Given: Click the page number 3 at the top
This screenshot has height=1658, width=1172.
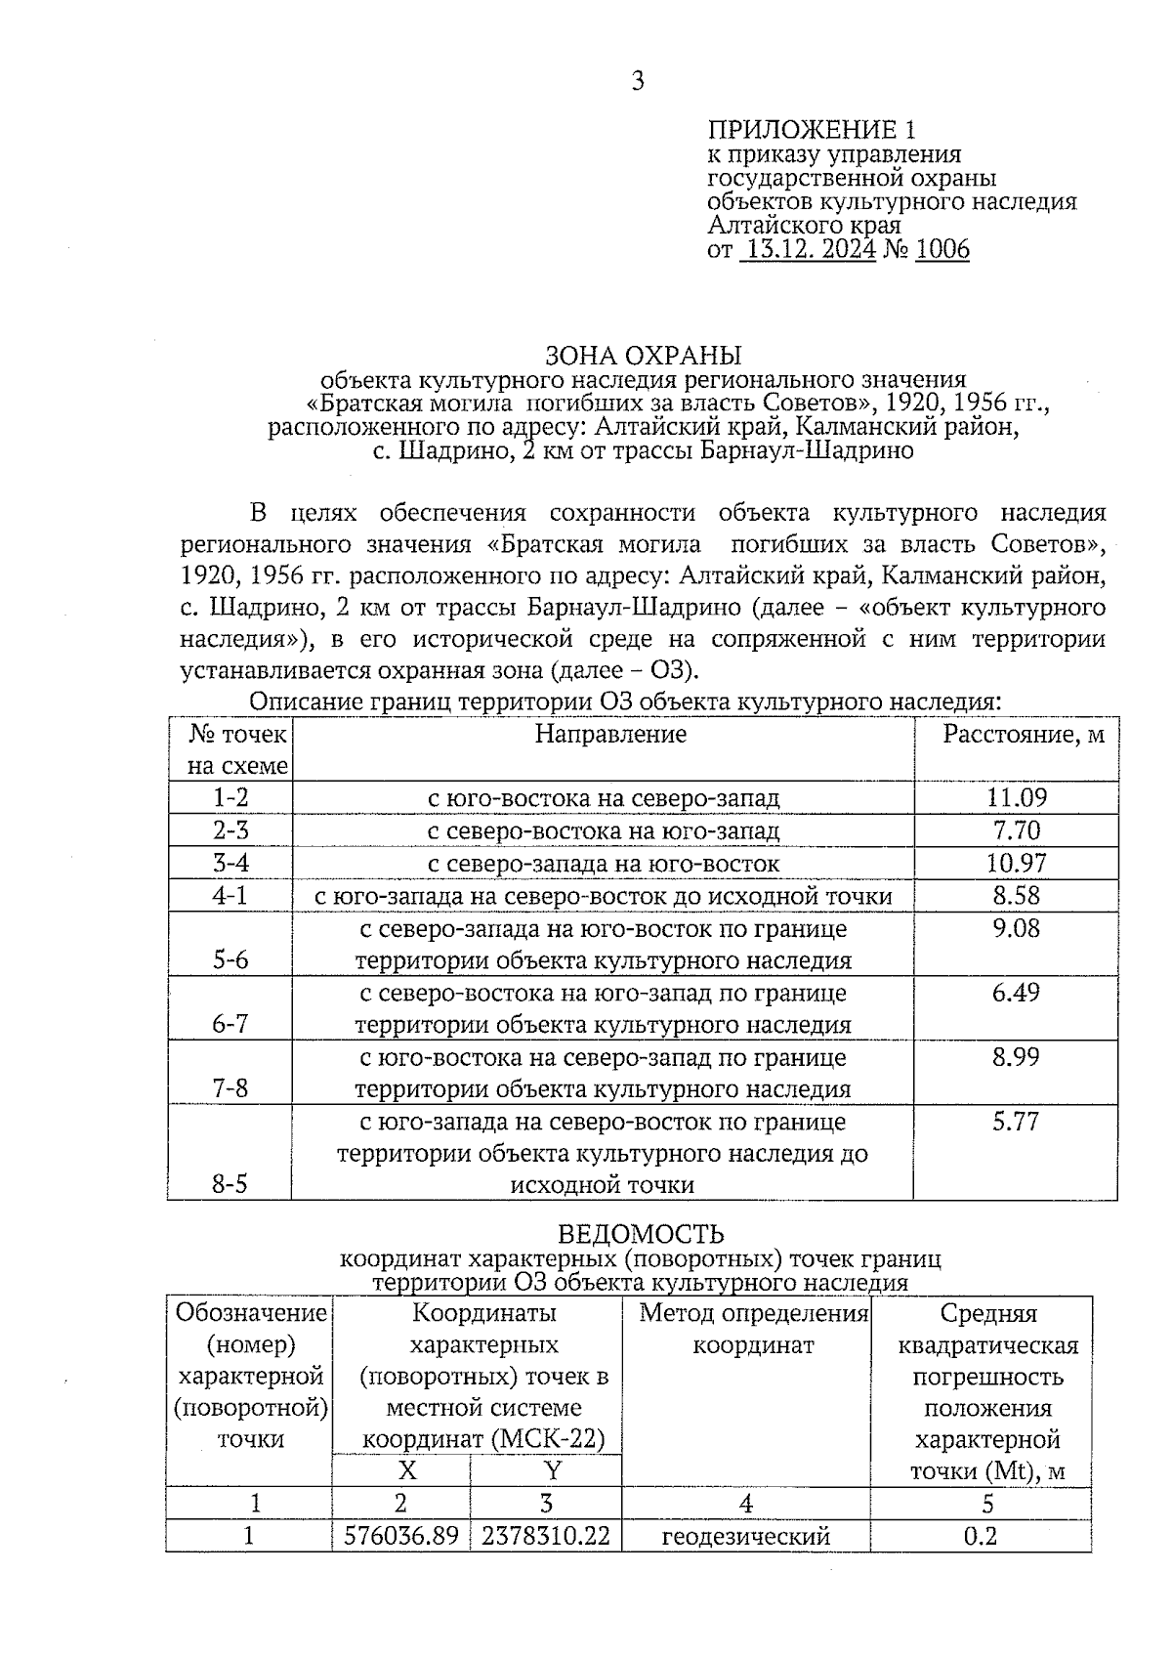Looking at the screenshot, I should coord(638,81).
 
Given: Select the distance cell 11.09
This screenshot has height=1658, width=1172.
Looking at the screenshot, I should coord(1016,797).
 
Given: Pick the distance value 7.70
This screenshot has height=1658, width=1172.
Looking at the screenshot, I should coord(1016,830).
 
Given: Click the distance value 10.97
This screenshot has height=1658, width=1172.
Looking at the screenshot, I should coord(1016,863).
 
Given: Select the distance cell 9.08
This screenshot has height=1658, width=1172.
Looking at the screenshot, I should coord(1016,927).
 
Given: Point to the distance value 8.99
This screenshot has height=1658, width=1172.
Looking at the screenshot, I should coord(1016,1056).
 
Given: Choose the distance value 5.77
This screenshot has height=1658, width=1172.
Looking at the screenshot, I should coord(1016,1121).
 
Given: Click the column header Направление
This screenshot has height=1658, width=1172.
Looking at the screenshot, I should coord(610,734).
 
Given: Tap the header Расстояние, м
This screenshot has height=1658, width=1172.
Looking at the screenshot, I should coord(1023,734).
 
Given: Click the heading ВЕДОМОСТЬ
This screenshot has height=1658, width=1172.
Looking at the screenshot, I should coord(641,1234).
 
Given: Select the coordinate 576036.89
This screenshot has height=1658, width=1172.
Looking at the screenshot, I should coord(401,1536).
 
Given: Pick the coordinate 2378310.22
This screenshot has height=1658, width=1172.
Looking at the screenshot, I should coord(546,1536).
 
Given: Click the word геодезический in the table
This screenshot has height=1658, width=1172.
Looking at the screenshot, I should coord(746,1536).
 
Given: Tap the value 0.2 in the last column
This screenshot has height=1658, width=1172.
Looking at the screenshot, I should coord(981,1536).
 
